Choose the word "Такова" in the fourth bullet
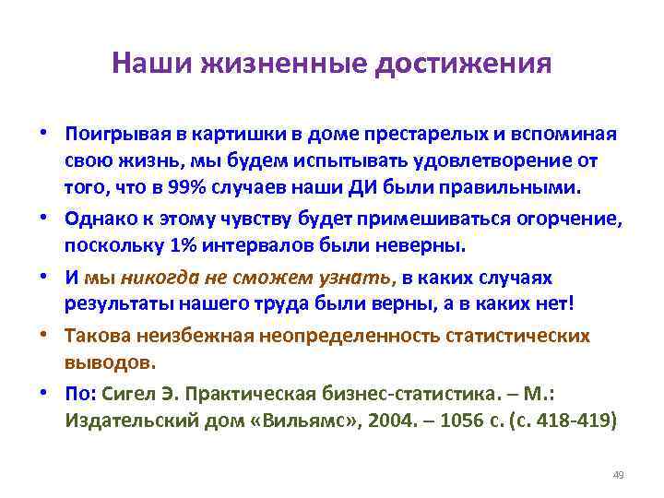point(94,337)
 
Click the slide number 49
point(618,475)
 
